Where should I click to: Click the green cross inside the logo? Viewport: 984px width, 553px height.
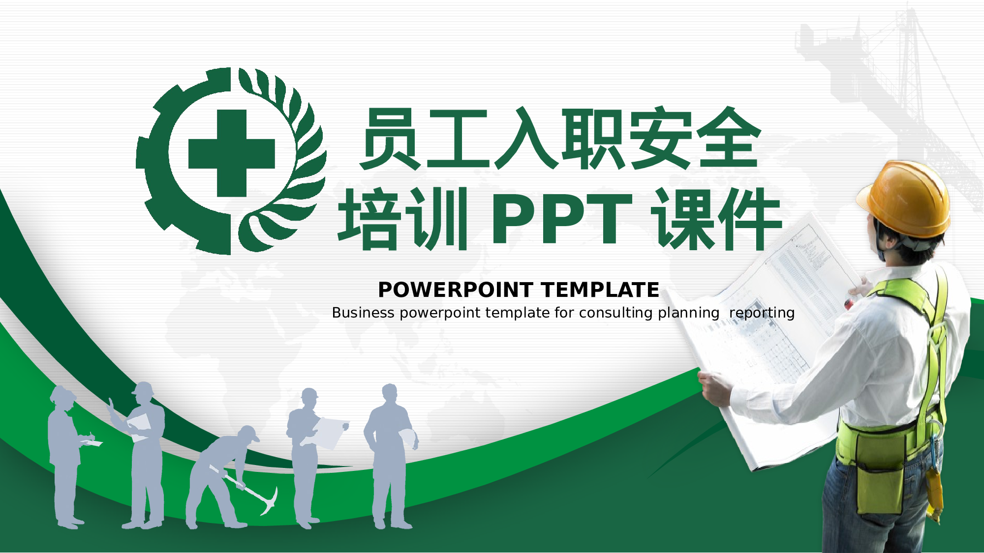(231, 153)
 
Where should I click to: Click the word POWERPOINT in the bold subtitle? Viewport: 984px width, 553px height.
(456, 290)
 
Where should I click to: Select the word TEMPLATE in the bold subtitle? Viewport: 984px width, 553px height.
(600, 290)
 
